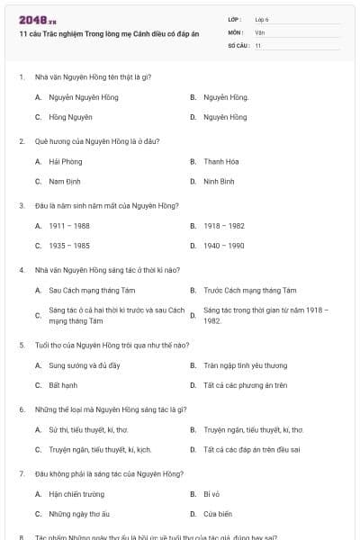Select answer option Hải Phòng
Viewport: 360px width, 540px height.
(66, 162)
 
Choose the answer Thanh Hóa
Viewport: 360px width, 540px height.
(220, 162)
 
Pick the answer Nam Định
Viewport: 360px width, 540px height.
(65, 181)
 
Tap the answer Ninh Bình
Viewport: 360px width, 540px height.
(220, 181)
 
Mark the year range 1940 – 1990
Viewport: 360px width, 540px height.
(224, 245)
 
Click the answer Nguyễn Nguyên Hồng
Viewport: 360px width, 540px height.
(79, 97)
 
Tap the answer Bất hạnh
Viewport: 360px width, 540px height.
(64, 385)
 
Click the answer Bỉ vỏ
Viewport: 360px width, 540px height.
(212, 495)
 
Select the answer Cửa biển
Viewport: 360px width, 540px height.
(217, 514)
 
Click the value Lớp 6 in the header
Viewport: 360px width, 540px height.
(262, 19)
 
